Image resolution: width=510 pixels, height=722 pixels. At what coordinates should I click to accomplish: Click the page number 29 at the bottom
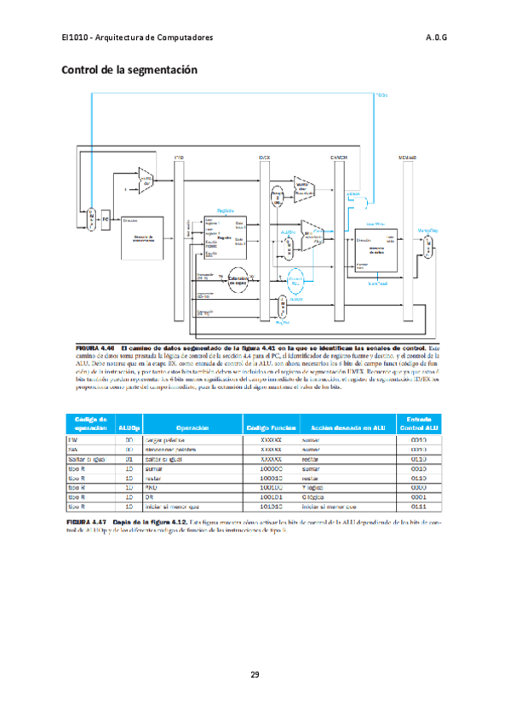tap(255, 674)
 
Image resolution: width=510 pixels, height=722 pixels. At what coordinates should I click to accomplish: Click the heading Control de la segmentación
tap(129, 69)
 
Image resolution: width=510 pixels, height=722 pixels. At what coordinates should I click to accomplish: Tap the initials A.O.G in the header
tap(436, 38)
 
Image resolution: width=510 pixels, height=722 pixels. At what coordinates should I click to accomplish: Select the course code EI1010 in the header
tap(75, 38)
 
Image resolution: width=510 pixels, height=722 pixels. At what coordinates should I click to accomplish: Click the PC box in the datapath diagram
tap(106, 219)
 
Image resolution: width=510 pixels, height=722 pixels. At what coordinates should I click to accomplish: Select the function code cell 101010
tap(271, 506)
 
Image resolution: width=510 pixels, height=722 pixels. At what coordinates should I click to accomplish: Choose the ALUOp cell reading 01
tap(129, 459)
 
